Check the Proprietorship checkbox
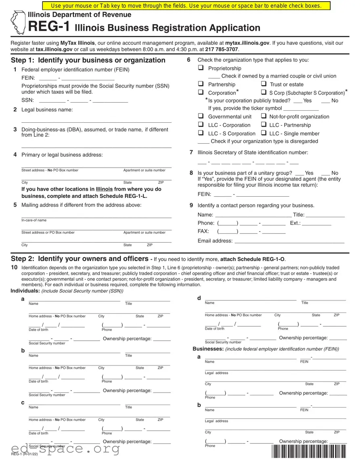pos(201,68)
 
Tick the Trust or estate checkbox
pos(264,84)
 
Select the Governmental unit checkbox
pos(201,116)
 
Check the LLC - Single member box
pos(264,133)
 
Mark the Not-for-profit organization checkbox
pos(264,116)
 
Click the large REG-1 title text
pos(49,27)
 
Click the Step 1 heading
pos(88,60)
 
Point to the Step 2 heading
pos(80,258)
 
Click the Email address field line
pos(289,241)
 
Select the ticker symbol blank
pos(301,108)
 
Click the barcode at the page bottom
pos(310,451)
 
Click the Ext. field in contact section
pos(316,223)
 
